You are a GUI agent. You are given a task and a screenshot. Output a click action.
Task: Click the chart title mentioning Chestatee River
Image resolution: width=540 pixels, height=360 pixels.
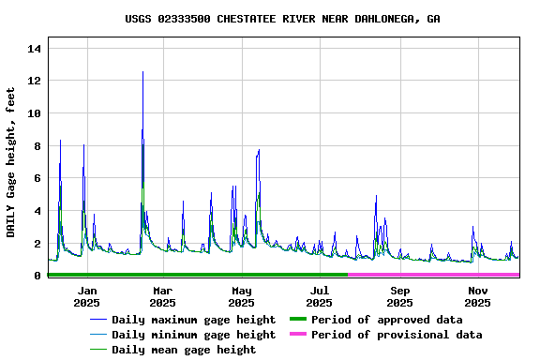tap(282, 19)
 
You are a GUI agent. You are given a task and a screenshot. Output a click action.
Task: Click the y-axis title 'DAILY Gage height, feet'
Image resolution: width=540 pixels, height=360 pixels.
tap(11, 161)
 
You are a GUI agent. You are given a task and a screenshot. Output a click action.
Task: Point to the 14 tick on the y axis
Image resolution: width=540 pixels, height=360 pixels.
tap(36, 48)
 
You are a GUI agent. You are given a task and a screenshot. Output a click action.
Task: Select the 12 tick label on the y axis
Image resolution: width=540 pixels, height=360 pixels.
tap(36, 81)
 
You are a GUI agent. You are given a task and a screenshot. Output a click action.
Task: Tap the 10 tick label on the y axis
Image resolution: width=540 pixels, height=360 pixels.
tap(36, 113)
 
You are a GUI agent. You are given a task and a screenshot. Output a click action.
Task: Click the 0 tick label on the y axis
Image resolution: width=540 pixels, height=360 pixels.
tap(38, 276)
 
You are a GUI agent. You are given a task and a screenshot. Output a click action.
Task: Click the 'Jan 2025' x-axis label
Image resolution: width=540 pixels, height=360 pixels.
tap(86, 296)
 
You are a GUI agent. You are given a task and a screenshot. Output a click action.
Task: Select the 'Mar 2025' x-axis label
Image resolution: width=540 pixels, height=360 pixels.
tap(162, 296)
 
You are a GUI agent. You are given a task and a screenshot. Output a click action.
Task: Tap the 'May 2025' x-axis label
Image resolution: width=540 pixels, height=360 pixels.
tap(241, 296)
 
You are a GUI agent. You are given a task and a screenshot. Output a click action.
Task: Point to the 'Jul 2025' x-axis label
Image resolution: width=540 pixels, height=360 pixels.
tap(320, 296)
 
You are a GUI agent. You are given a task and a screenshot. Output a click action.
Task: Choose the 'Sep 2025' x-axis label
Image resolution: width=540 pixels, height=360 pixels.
tap(399, 296)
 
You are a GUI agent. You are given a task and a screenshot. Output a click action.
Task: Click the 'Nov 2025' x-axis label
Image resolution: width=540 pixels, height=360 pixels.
tap(478, 296)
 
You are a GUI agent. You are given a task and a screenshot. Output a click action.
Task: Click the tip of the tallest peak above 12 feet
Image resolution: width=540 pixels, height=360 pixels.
tap(142, 72)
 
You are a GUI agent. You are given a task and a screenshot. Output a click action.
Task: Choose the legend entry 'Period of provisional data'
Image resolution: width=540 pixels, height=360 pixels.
tap(397, 335)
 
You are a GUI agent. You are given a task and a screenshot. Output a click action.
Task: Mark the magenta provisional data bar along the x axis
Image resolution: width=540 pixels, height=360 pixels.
tap(434, 275)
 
